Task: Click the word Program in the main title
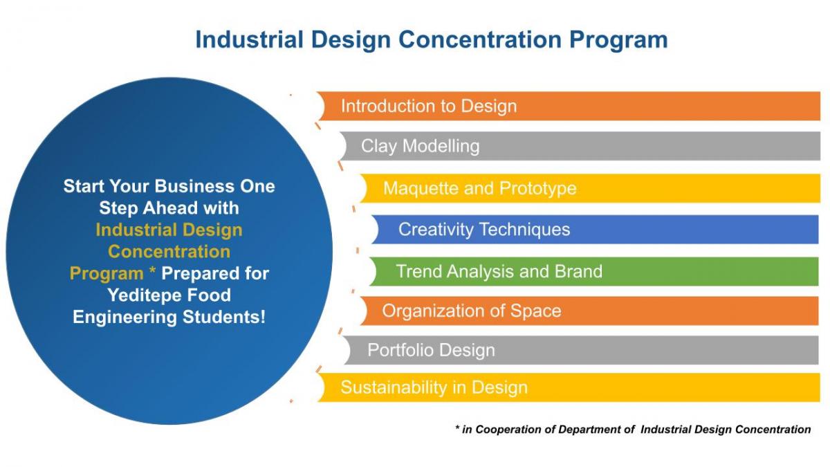(x=618, y=40)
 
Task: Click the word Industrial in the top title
(x=250, y=39)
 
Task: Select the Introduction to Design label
(x=429, y=107)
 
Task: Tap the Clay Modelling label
(x=421, y=146)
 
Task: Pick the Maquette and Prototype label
(x=480, y=189)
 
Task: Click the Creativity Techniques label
(x=484, y=230)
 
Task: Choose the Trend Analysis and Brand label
(x=499, y=271)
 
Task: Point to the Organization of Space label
(x=471, y=311)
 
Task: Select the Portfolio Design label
(x=431, y=350)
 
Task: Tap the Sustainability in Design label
(x=434, y=387)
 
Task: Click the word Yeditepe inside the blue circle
(x=145, y=296)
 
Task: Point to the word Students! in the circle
(x=224, y=318)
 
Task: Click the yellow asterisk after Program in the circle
(x=152, y=271)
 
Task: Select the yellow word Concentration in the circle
(x=169, y=252)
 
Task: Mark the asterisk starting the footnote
(x=458, y=428)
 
